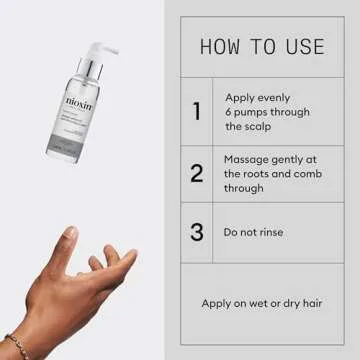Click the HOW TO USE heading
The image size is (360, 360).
(x=262, y=46)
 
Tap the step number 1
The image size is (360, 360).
(x=196, y=111)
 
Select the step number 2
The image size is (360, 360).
(x=196, y=172)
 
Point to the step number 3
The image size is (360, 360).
(x=196, y=232)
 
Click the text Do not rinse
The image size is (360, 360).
(x=253, y=232)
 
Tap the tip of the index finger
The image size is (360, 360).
(x=70, y=232)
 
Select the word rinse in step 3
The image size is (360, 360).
(x=268, y=232)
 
